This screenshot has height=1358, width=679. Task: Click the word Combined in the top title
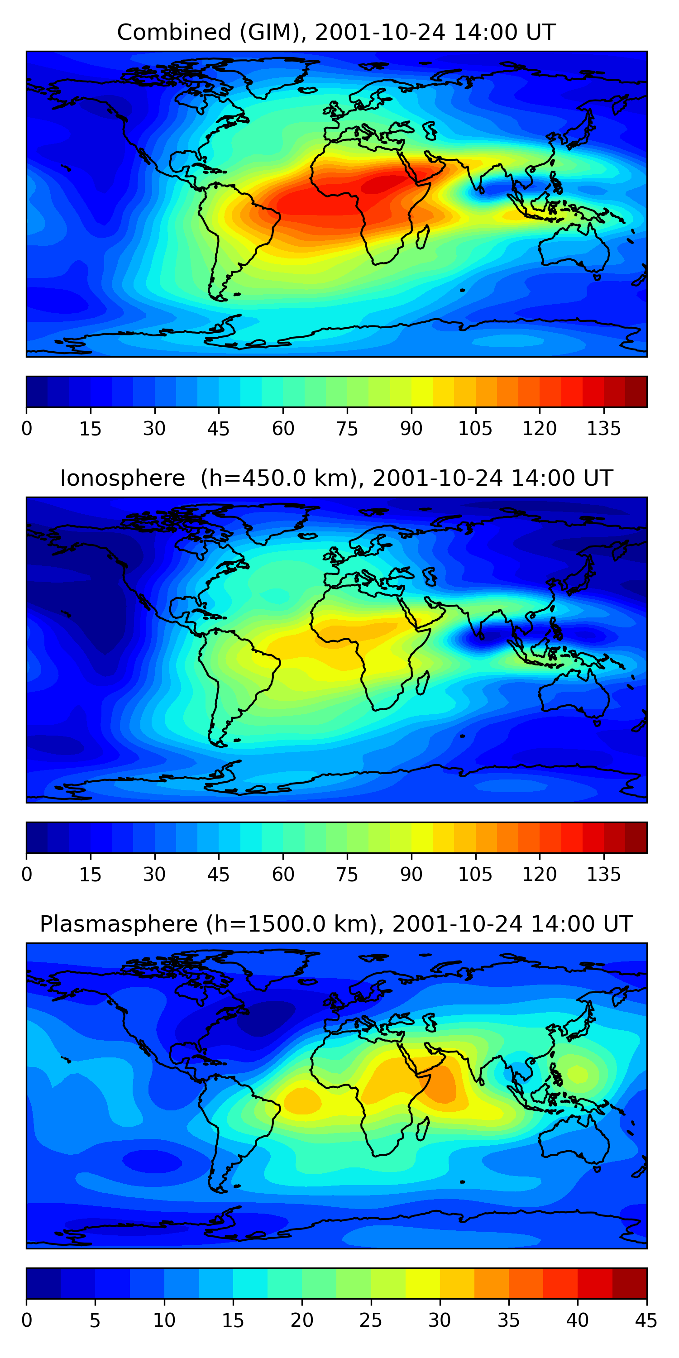(x=174, y=32)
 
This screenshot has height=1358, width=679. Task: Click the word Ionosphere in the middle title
(x=122, y=478)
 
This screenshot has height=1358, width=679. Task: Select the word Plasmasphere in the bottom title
(x=119, y=924)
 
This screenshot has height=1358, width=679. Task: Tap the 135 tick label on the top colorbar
(x=603, y=429)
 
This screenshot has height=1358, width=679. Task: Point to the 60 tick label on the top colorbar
(x=283, y=429)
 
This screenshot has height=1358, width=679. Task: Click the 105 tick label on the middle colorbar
(x=475, y=875)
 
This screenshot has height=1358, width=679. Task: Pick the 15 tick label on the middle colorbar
(x=90, y=875)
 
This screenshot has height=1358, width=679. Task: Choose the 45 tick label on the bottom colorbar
(x=646, y=1320)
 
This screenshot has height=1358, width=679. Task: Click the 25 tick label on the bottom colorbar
(x=371, y=1320)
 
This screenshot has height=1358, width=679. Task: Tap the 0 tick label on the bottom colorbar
(x=26, y=1320)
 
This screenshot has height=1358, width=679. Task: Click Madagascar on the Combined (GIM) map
(x=422, y=237)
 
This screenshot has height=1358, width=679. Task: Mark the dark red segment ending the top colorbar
(x=636, y=392)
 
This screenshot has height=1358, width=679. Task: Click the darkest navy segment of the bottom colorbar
(x=43, y=1284)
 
